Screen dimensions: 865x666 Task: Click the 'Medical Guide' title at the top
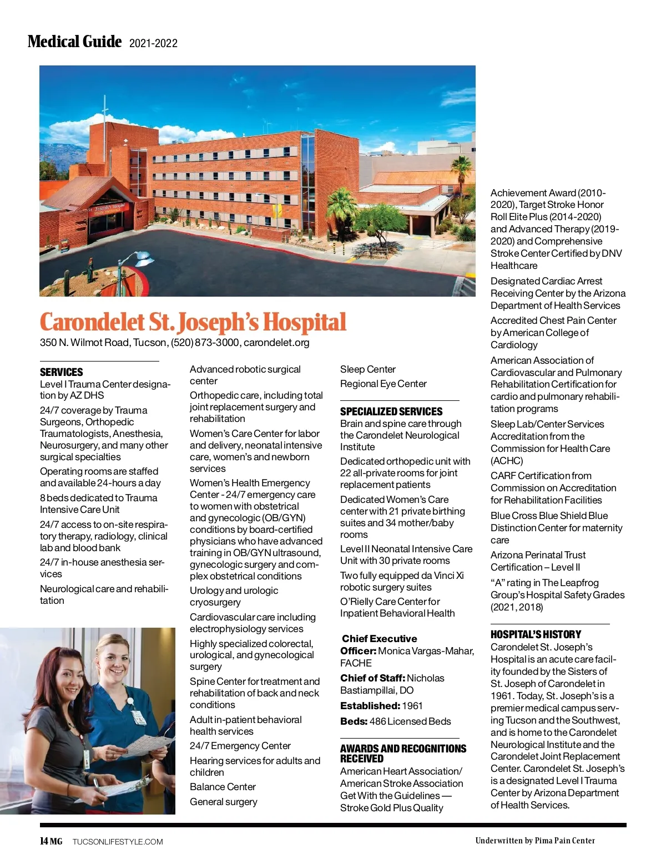pos(74,42)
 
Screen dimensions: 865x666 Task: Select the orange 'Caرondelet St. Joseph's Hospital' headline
pos(193,322)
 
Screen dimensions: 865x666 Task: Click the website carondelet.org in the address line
pos(276,343)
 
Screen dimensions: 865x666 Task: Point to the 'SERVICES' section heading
pos(62,372)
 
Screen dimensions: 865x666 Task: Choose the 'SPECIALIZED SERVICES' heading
pos(391,411)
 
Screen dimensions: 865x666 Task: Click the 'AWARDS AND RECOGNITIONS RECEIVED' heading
pos(403,754)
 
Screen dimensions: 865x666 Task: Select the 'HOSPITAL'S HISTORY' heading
pos(536,634)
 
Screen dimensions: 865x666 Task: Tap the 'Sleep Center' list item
pos(368,369)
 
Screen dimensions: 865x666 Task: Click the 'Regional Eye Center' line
pos(384,384)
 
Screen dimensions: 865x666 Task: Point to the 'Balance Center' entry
pos(223,787)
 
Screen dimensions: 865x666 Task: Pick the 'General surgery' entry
pos(224,802)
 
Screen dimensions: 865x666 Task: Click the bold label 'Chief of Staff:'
pos(373,678)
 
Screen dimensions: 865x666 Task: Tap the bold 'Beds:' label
pos(354,721)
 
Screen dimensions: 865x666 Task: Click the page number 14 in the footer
pos(44,841)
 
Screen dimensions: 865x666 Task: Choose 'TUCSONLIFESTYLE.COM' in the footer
pos(118,842)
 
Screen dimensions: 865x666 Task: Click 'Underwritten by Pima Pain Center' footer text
pos(535,841)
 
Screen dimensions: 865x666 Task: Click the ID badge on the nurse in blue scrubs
pos(138,716)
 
